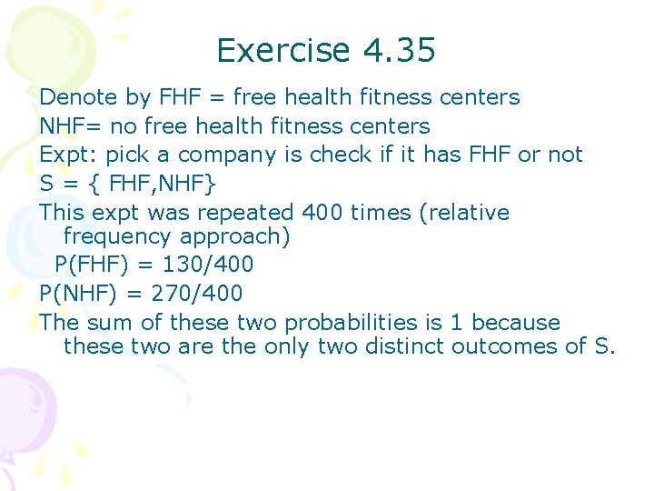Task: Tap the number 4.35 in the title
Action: coord(398,50)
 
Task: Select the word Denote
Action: coord(79,97)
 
